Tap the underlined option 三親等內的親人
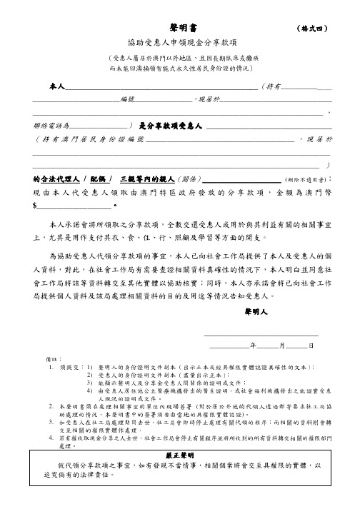pos(144,178)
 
